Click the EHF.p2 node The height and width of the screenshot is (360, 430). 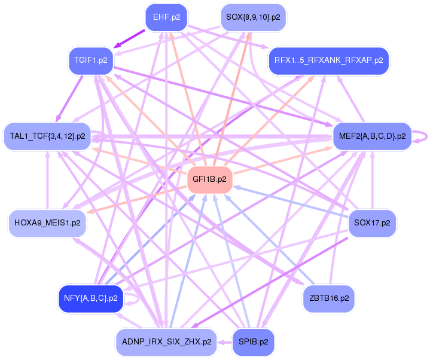pyautogui.click(x=166, y=17)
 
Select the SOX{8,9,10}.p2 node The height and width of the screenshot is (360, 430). pyautogui.click(x=253, y=17)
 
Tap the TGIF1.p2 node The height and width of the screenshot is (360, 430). pyautogui.click(x=91, y=60)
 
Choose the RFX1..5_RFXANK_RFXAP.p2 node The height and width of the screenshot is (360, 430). pyautogui.click(x=329, y=60)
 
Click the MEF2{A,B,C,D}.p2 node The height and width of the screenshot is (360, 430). pyautogui.click(x=372, y=136)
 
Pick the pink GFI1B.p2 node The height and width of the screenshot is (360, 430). pyautogui.click(x=209, y=179)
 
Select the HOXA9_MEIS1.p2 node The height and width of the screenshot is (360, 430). pyautogui.click(x=47, y=222)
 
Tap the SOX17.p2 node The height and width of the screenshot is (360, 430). pyautogui.click(x=372, y=222)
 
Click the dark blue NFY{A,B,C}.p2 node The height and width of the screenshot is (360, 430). pyautogui.click(x=91, y=297)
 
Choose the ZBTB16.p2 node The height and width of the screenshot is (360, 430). pyautogui.click(x=329, y=297)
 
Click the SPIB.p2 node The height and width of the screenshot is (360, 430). pyautogui.click(x=253, y=342)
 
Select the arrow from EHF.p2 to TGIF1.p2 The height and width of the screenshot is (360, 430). pyautogui.click(x=130, y=39)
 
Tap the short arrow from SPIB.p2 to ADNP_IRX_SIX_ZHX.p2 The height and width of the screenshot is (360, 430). pyautogui.click(x=224, y=343)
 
